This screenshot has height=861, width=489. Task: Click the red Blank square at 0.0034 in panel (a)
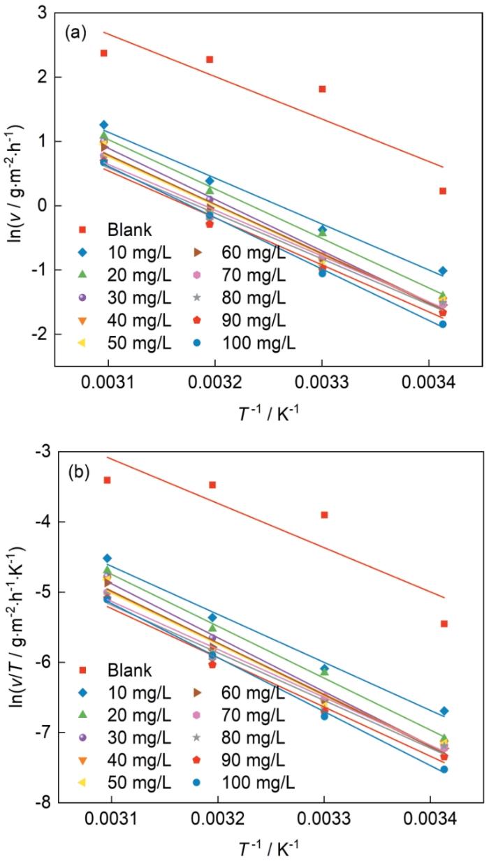tap(443, 191)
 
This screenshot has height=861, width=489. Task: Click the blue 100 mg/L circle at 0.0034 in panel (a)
tap(443, 324)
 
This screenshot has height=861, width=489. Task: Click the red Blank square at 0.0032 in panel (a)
tap(210, 59)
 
